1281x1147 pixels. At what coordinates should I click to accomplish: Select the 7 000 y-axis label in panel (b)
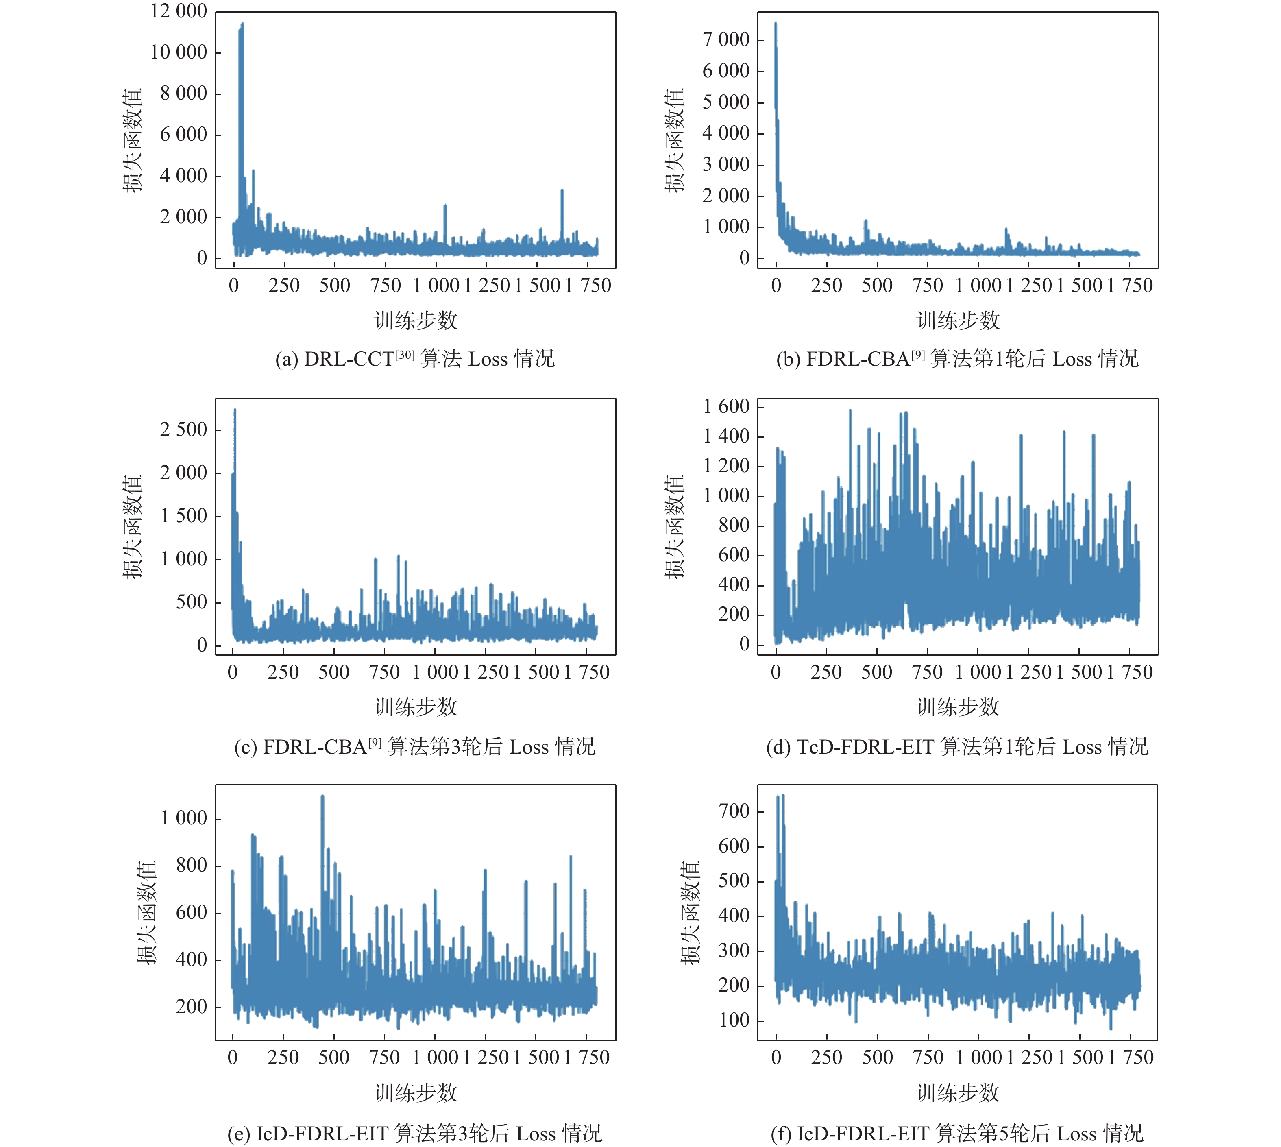click(726, 40)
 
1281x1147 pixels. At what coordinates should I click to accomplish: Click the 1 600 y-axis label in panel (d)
click(726, 406)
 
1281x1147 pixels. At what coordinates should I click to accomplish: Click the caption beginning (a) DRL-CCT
click(415, 359)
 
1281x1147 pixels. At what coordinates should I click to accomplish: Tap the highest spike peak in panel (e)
click(322, 797)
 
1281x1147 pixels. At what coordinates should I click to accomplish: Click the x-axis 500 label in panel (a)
click(335, 286)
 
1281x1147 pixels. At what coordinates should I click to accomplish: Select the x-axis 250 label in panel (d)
click(826, 672)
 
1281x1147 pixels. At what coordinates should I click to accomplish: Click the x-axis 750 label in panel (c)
click(384, 672)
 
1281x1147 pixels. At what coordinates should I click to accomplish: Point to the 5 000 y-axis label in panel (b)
click(726, 102)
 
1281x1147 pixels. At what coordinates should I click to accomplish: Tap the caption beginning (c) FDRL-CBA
click(415, 747)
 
